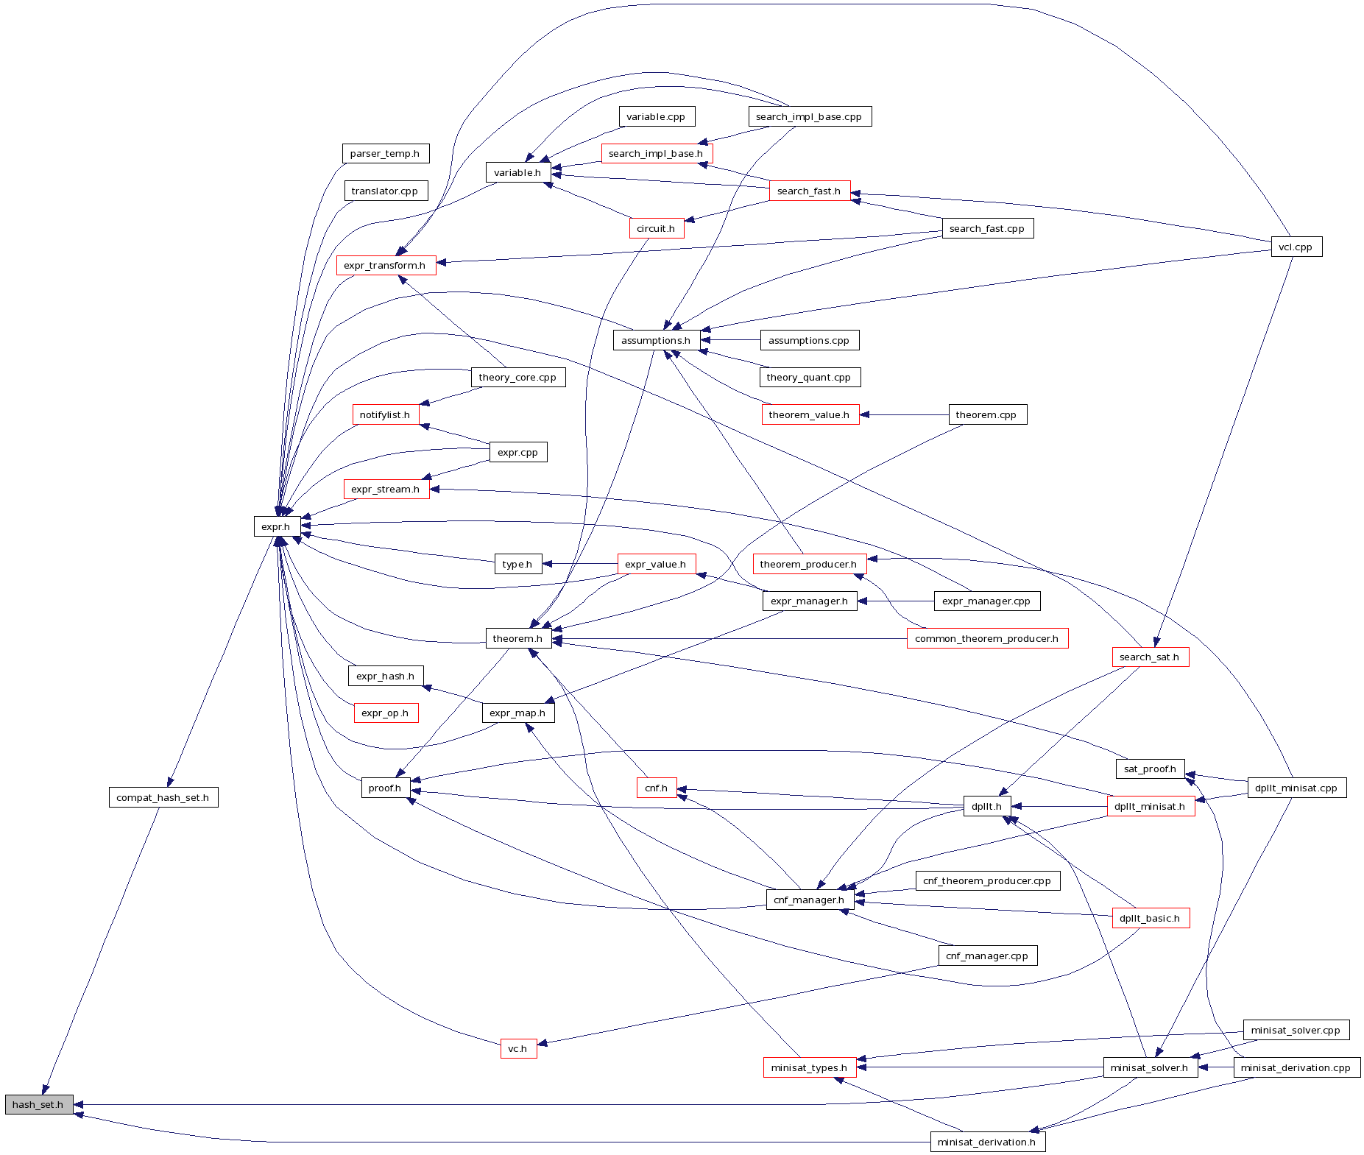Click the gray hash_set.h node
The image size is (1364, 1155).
tap(39, 1104)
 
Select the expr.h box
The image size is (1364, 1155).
tap(276, 526)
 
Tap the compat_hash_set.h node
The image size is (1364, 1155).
tap(163, 797)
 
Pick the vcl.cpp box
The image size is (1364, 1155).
tap(1296, 247)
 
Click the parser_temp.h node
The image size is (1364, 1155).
tap(385, 153)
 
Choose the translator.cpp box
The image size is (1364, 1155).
tap(385, 191)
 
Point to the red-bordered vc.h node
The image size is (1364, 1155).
tap(518, 1048)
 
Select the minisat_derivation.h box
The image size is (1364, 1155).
tap(987, 1142)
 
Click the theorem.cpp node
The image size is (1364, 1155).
tap(986, 414)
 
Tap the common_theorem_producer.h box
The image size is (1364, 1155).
tap(986, 638)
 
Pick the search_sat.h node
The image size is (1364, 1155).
tap(1150, 657)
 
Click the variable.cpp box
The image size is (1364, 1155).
tap(656, 116)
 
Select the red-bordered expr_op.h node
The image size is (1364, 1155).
tap(386, 713)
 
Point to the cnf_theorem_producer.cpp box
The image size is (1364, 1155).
tap(987, 880)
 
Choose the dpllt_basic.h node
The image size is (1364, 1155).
tap(1150, 918)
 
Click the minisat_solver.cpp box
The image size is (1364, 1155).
tap(1296, 1030)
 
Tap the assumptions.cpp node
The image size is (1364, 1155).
tap(809, 340)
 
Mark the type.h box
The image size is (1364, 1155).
tap(517, 564)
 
